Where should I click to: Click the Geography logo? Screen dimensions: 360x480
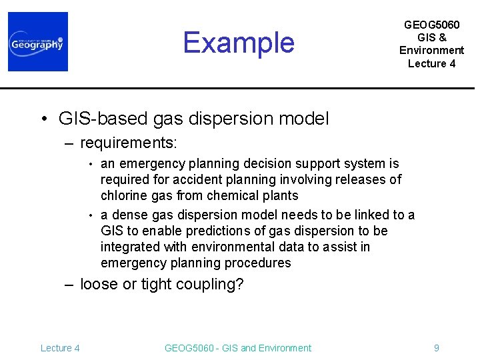pos(38,42)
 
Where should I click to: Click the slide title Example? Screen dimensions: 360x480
pos(239,43)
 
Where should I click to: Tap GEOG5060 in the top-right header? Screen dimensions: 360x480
pos(431,25)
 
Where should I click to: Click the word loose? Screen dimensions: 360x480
pos(97,285)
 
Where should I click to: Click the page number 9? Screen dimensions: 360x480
pos(436,348)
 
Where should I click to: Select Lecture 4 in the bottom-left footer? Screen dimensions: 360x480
pos(60,348)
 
